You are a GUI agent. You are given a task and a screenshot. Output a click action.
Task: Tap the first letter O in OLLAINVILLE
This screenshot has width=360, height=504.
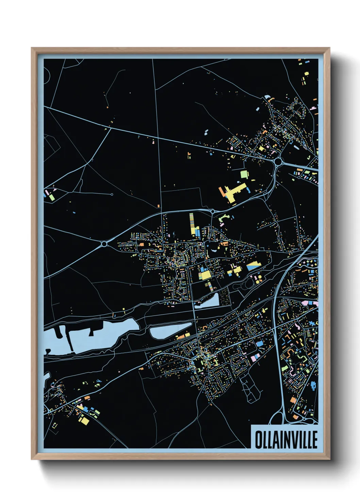tap(258, 440)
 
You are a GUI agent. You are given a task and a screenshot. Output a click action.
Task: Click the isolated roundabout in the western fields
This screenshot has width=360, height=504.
tap(104, 244)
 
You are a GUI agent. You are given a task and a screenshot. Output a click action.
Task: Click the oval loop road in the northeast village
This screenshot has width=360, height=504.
tap(298, 109)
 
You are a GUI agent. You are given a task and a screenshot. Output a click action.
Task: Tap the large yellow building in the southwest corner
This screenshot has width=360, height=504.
tap(84, 421)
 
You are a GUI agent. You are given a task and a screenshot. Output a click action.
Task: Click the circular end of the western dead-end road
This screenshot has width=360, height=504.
tap(112, 194)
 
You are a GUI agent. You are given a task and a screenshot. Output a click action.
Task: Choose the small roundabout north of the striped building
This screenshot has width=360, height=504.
tap(213, 211)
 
